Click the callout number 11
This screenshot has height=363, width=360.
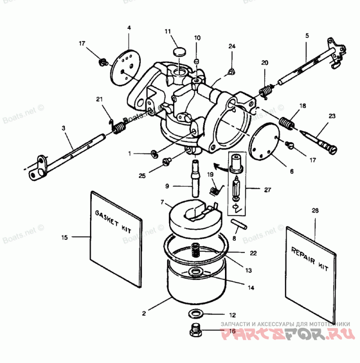tap(168, 31)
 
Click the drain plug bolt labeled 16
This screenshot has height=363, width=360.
tap(195, 332)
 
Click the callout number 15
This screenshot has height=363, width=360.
tap(65, 237)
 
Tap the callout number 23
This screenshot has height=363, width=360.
tap(332, 116)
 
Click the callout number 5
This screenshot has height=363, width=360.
tap(307, 35)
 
